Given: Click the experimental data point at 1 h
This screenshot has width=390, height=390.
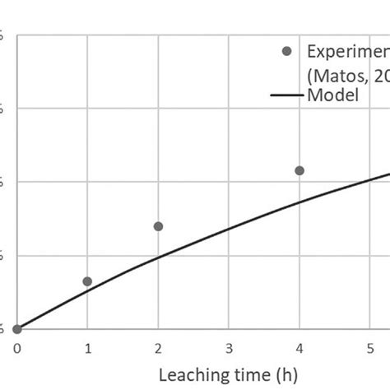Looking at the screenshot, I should coord(87,281).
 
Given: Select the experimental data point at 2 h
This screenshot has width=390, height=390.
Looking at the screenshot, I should coord(158,226).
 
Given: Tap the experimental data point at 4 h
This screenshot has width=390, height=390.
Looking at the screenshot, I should coord(299,170).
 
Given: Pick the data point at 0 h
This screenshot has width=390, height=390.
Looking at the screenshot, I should coord(17,329).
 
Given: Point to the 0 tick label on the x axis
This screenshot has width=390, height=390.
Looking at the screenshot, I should coord(17,348).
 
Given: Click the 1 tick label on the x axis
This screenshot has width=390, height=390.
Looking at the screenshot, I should coord(87,348).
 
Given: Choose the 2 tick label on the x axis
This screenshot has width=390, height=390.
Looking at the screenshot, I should coord(158,348).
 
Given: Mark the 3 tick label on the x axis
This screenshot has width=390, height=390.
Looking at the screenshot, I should coord(229,348).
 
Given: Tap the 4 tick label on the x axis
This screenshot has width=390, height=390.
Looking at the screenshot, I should coord(299,348).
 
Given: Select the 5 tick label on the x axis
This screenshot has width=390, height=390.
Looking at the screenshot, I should coord(370,348).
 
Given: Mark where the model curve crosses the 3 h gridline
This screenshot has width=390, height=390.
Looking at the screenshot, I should coord(229,228).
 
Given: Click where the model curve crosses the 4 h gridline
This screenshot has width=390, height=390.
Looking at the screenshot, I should coord(299,202).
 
